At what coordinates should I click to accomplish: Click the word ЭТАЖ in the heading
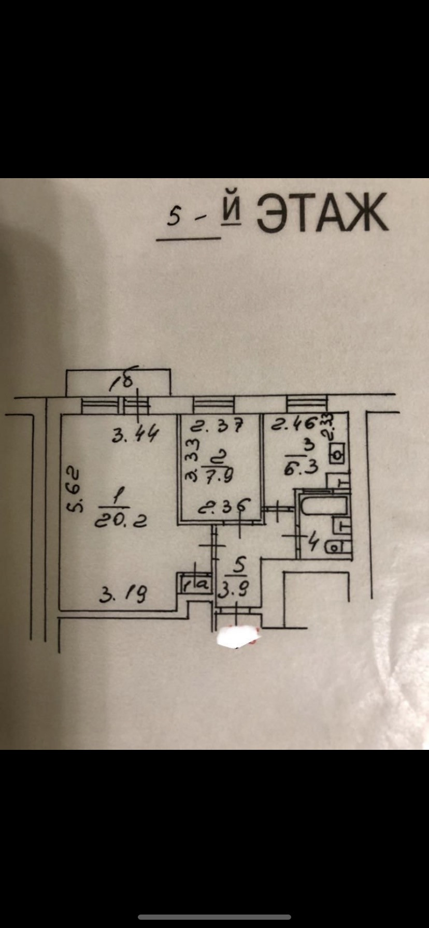click(322, 213)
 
